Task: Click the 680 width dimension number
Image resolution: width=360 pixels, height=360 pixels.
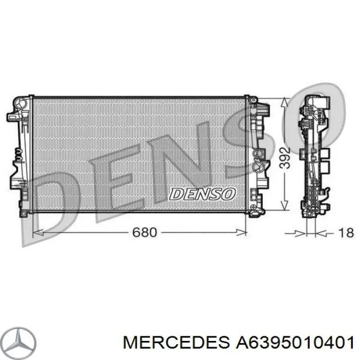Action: tap(144, 232)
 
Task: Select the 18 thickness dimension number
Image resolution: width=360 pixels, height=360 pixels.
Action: tap(346, 233)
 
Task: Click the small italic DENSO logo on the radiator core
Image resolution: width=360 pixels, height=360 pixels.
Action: tap(203, 194)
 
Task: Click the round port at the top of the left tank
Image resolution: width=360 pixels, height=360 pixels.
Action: tap(21, 104)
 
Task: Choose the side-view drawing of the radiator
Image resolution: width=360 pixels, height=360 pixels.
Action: tap(314, 154)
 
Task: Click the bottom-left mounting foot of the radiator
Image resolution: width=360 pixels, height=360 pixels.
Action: tap(23, 211)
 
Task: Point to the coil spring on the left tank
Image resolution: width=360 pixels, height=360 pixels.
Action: tap(18, 154)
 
